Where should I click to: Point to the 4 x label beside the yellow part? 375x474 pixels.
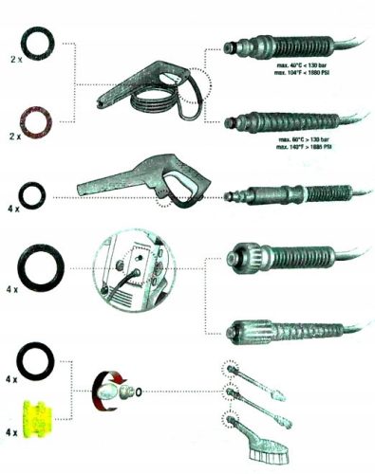pyautogui.click(x=11, y=433)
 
